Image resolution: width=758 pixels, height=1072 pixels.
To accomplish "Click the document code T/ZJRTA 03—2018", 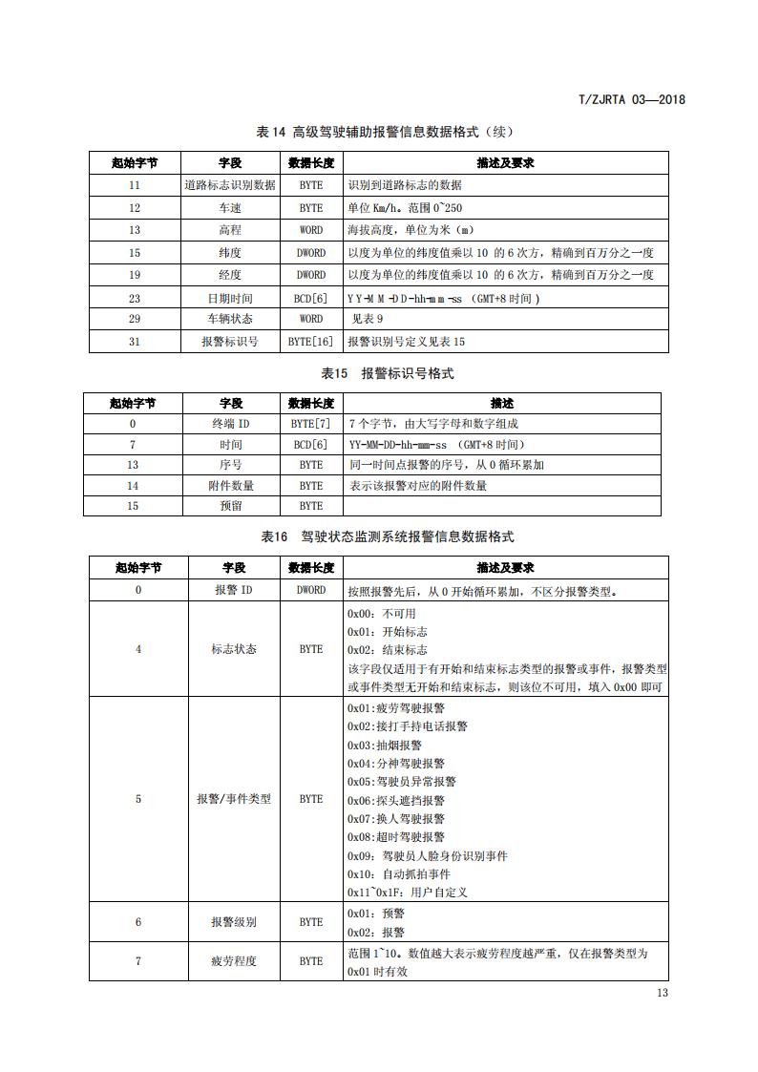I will pos(632,99).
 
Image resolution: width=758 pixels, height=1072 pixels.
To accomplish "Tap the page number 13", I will pos(663,993).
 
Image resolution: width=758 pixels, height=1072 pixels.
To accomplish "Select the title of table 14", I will pos(379,131).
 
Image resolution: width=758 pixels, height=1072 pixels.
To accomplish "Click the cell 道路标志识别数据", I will pos(230,185).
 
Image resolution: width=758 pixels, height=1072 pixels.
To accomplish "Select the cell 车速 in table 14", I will pos(230,207).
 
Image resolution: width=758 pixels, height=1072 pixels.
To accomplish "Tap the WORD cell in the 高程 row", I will pos(310,230).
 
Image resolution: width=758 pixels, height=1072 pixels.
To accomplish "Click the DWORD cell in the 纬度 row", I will pos(310,253).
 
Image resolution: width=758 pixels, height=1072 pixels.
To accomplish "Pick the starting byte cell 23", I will pos(134,298).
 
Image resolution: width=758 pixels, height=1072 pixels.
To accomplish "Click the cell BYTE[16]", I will pos(310,342).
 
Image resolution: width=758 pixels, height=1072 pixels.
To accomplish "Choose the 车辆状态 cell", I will pos(230,319).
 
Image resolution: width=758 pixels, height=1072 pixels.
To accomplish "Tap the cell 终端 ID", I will pos(231,423).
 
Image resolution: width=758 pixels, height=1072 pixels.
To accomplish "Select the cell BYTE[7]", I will pos(310,423).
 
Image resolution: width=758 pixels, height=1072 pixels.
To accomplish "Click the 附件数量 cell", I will pos(231,485).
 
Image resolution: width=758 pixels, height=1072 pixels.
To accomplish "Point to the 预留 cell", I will pos(231,506).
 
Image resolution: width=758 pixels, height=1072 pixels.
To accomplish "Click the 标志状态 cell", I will pos(234,649).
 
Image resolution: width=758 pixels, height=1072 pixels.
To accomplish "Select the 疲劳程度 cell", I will pos(234,961).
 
